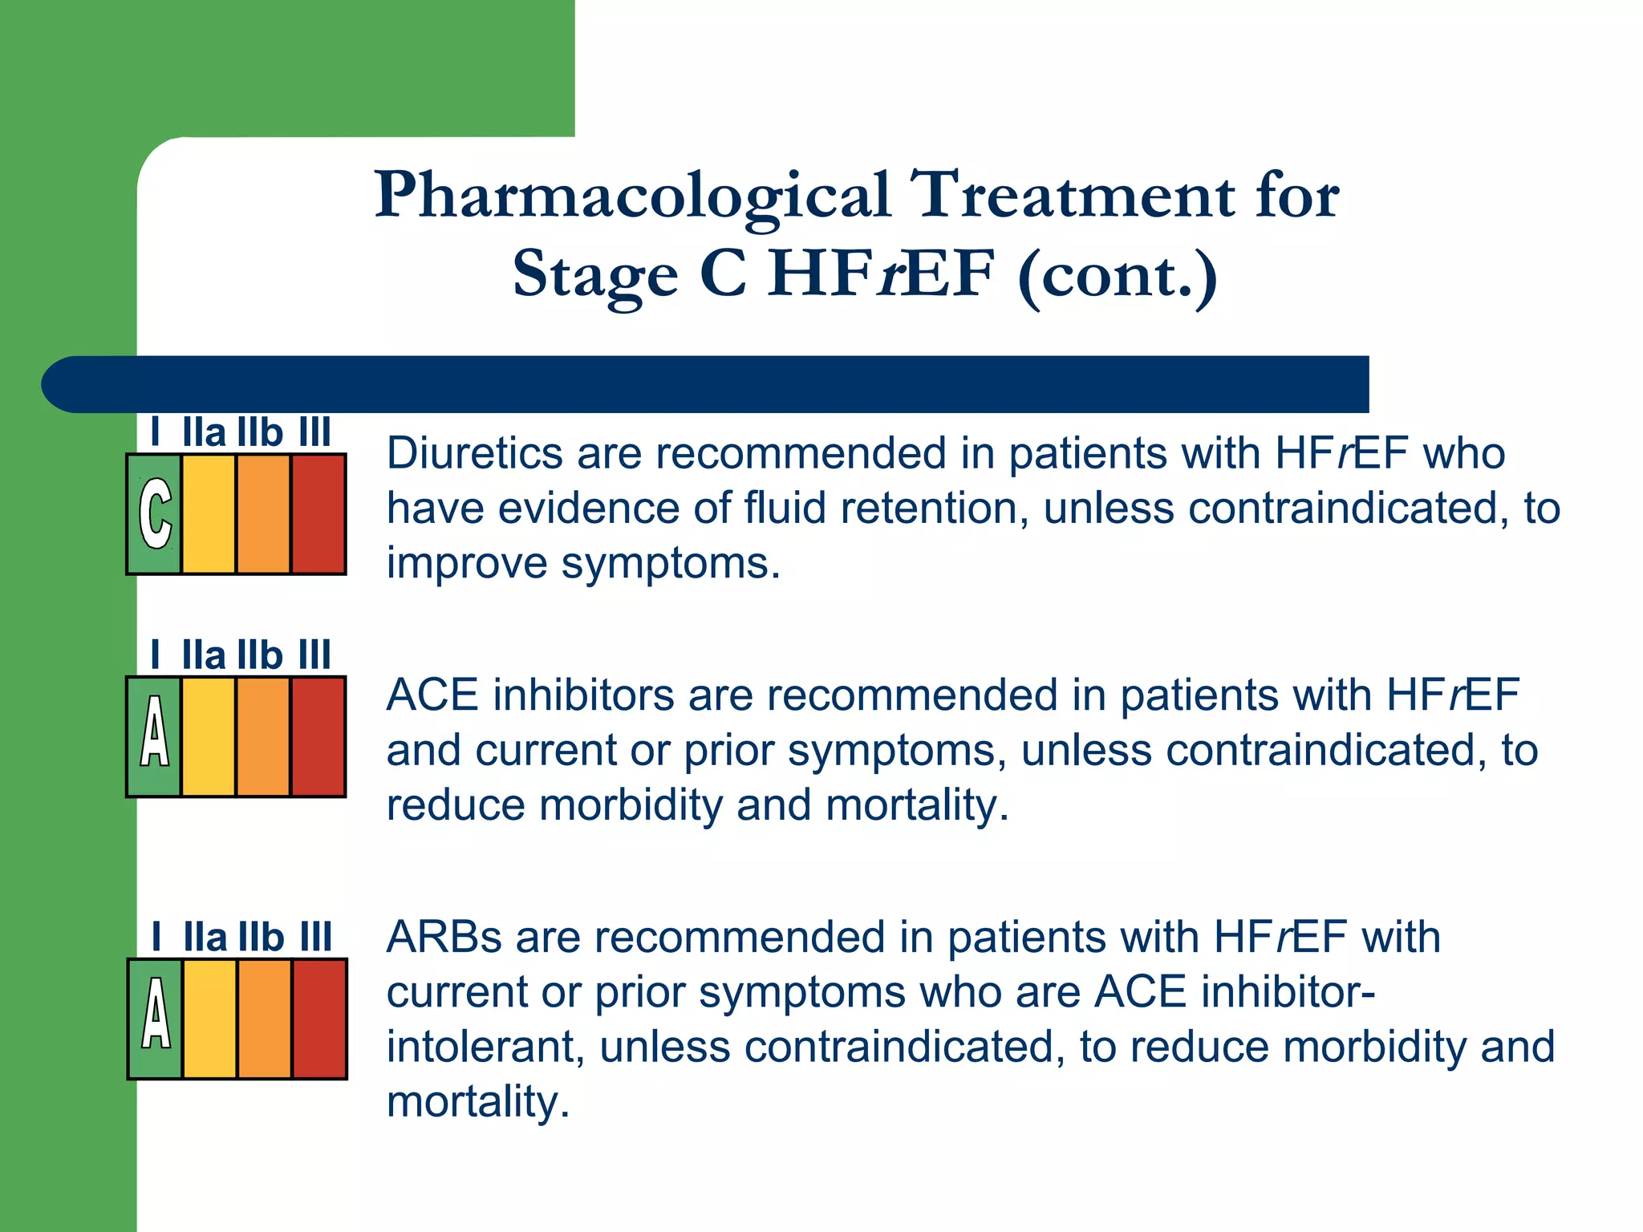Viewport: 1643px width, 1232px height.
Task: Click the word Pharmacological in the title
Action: click(632, 196)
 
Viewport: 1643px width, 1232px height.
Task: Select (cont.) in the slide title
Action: click(1118, 274)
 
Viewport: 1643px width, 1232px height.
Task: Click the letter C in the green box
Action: click(155, 513)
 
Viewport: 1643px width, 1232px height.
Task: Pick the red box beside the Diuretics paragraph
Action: click(318, 514)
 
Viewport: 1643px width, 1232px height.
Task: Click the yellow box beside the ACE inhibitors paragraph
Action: click(209, 736)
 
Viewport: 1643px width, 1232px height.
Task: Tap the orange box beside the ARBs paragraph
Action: click(264, 1019)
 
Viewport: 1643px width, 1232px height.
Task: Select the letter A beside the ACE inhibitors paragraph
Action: click(154, 731)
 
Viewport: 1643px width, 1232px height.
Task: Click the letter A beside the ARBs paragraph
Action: click(156, 1014)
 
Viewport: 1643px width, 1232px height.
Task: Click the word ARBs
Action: click(444, 937)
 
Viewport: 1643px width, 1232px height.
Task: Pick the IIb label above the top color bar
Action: click(260, 433)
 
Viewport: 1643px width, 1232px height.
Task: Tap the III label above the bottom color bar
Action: click(316, 937)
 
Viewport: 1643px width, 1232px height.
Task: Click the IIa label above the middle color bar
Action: click(204, 655)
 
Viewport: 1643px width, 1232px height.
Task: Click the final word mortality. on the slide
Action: click(478, 1102)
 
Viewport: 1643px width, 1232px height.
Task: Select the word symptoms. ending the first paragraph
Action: click(670, 563)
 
